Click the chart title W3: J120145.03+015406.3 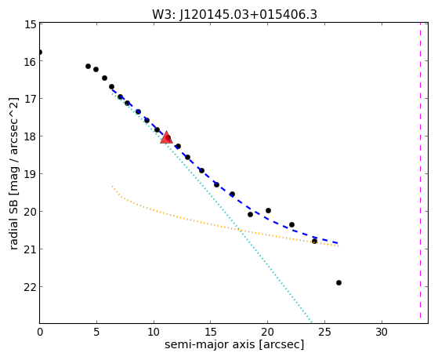pyautogui.click(x=234, y=14)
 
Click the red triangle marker pyautogui.click(x=166, y=137)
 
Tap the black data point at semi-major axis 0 pyautogui.click(x=40, y=52)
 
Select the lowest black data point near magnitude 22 pyautogui.click(x=338, y=283)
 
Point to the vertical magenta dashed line pyautogui.click(x=420, y=170)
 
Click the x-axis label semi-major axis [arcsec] pyautogui.click(x=234, y=344)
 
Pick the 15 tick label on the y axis pyautogui.click(x=30, y=24)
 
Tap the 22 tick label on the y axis pyautogui.click(x=30, y=287)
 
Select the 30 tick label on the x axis pyautogui.click(x=382, y=332)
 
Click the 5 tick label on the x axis pyautogui.click(x=96, y=332)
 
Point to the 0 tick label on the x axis pyautogui.click(x=40, y=332)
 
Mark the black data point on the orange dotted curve pyautogui.click(x=314, y=241)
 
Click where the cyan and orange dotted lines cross pyautogui.click(x=239, y=230)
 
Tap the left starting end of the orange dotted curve pyautogui.click(x=112, y=186)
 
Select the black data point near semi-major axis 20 pyautogui.click(x=268, y=211)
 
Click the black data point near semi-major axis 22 pyautogui.click(x=292, y=224)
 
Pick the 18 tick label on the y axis pyautogui.click(x=30, y=136)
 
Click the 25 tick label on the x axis pyautogui.click(x=324, y=332)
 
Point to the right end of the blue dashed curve pyautogui.click(x=338, y=243)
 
